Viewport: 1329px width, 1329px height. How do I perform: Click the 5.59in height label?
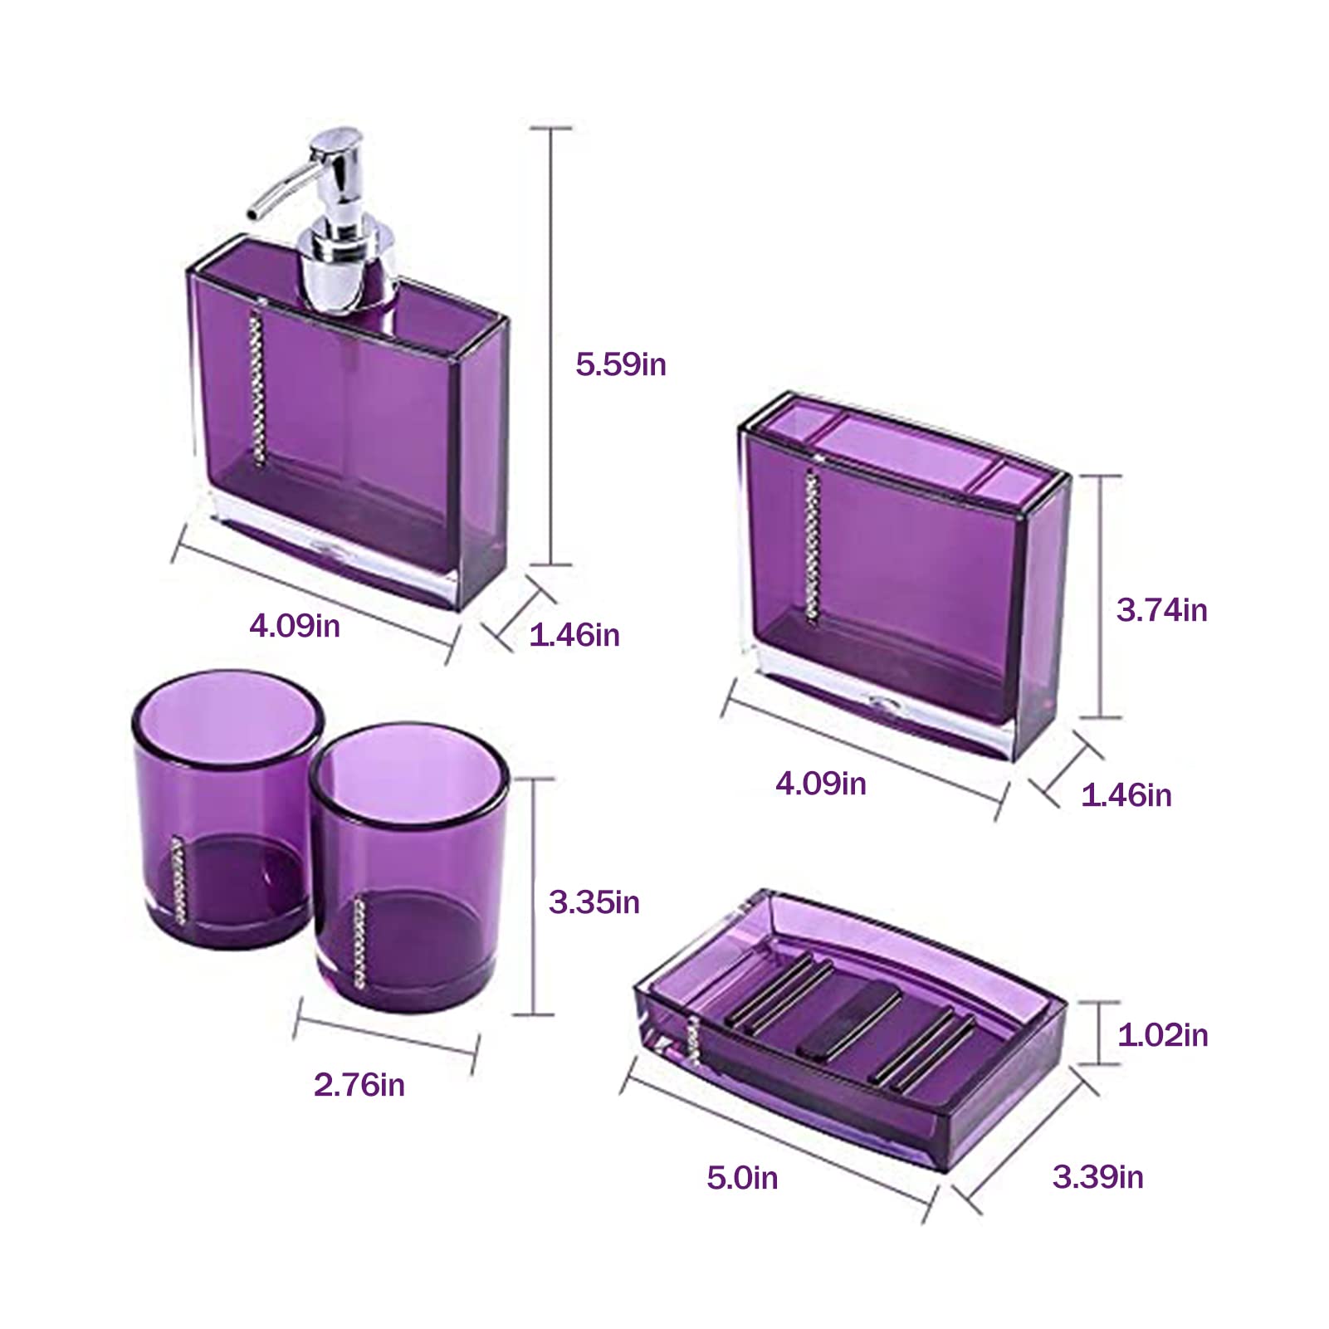[621, 364]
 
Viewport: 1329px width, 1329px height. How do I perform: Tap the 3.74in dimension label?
[1161, 610]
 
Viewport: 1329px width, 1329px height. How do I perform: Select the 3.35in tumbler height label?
[594, 902]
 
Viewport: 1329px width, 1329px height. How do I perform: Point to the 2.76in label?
[359, 1085]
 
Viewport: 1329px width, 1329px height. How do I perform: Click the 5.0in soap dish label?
[742, 1178]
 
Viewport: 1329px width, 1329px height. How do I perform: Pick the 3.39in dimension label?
[1097, 1177]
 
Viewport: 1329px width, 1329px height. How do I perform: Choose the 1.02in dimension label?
[1162, 1035]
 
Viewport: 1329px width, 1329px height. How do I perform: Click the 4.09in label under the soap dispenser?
[295, 626]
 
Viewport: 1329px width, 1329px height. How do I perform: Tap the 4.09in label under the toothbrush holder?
[821, 784]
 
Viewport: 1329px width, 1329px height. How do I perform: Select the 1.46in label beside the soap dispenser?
[574, 635]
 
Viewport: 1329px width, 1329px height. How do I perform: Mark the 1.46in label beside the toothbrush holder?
[1126, 795]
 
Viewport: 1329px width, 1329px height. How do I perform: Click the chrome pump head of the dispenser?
[336, 158]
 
